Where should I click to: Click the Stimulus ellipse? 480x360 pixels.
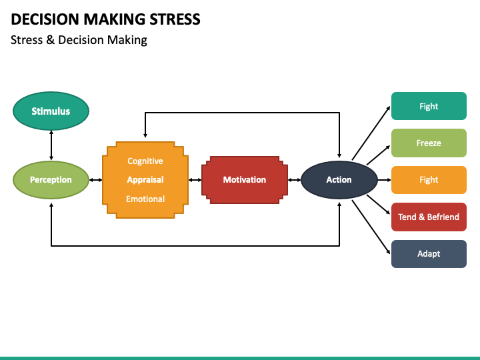[x=51, y=111]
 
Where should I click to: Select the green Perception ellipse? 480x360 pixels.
[x=51, y=180]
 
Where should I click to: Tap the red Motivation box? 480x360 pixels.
[x=245, y=180]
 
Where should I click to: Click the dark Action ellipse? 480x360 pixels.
[x=339, y=180]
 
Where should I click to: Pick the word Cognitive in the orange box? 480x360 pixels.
[x=145, y=161]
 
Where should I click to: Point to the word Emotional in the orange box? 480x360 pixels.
[x=145, y=199]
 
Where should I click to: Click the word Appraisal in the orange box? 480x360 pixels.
[x=145, y=180]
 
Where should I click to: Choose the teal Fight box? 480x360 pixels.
[x=429, y=106]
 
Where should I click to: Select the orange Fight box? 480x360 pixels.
[x=429, y=180]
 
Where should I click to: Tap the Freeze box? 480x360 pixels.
[x=429, y=143]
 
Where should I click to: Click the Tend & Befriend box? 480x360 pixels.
[x=429, y=217]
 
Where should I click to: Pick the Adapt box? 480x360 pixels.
[x=429, y=254]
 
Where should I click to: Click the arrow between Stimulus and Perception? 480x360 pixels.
[x=51, y=145]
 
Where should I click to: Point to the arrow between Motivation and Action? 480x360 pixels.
[x=295, y=180]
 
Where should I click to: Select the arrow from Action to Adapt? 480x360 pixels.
[x=371, y=227]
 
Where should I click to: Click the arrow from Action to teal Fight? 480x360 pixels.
[x=371, y=133]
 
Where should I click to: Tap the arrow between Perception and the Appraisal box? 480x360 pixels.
[x=95, y=180]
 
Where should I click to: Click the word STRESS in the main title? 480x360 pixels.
[x=175, y=19]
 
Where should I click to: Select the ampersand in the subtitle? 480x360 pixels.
[x=50, y=40]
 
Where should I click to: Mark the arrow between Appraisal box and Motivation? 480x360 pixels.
[x=195, y=180]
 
